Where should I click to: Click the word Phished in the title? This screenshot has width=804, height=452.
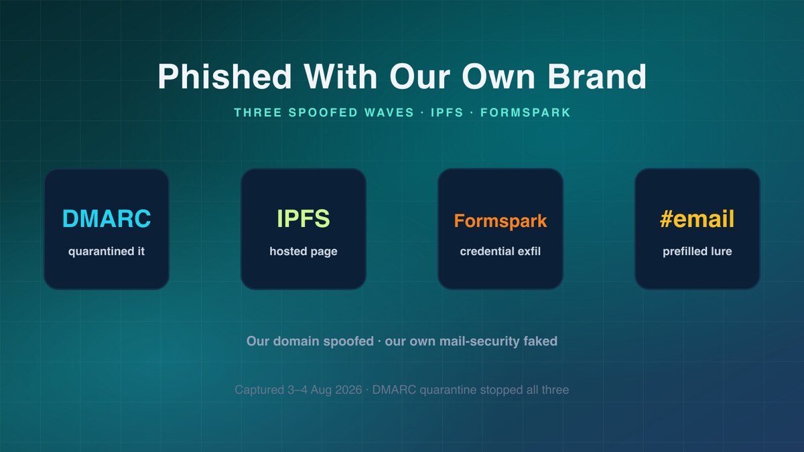(224, 76)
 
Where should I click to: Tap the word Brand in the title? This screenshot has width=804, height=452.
(597, 76)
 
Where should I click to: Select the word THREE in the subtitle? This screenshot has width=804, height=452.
(258, 112)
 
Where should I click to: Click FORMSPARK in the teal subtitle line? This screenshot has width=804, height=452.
(525, 112)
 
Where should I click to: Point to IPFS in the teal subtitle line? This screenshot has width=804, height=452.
(448, 112)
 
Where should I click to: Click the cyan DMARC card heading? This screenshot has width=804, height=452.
(107, 218)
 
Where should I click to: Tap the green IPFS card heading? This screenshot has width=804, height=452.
(304, 218)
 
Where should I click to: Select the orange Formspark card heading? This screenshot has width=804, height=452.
(500, 220)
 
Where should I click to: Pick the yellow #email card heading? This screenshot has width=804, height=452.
(697, 218)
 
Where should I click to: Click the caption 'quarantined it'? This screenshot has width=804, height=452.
(107, 251)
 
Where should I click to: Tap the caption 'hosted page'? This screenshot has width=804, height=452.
(304, 252)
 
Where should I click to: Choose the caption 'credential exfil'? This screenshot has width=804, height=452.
(500, 251)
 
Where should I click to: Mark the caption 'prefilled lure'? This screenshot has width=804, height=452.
(697, 251)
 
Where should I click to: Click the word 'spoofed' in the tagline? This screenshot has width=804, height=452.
(348, 341)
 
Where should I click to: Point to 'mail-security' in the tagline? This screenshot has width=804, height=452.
(479, 341)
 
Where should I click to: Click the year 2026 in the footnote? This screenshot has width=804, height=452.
(348, 390)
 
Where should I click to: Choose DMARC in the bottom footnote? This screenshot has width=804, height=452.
(394, 390)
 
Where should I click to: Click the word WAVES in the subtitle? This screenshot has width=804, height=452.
(389, 112)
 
